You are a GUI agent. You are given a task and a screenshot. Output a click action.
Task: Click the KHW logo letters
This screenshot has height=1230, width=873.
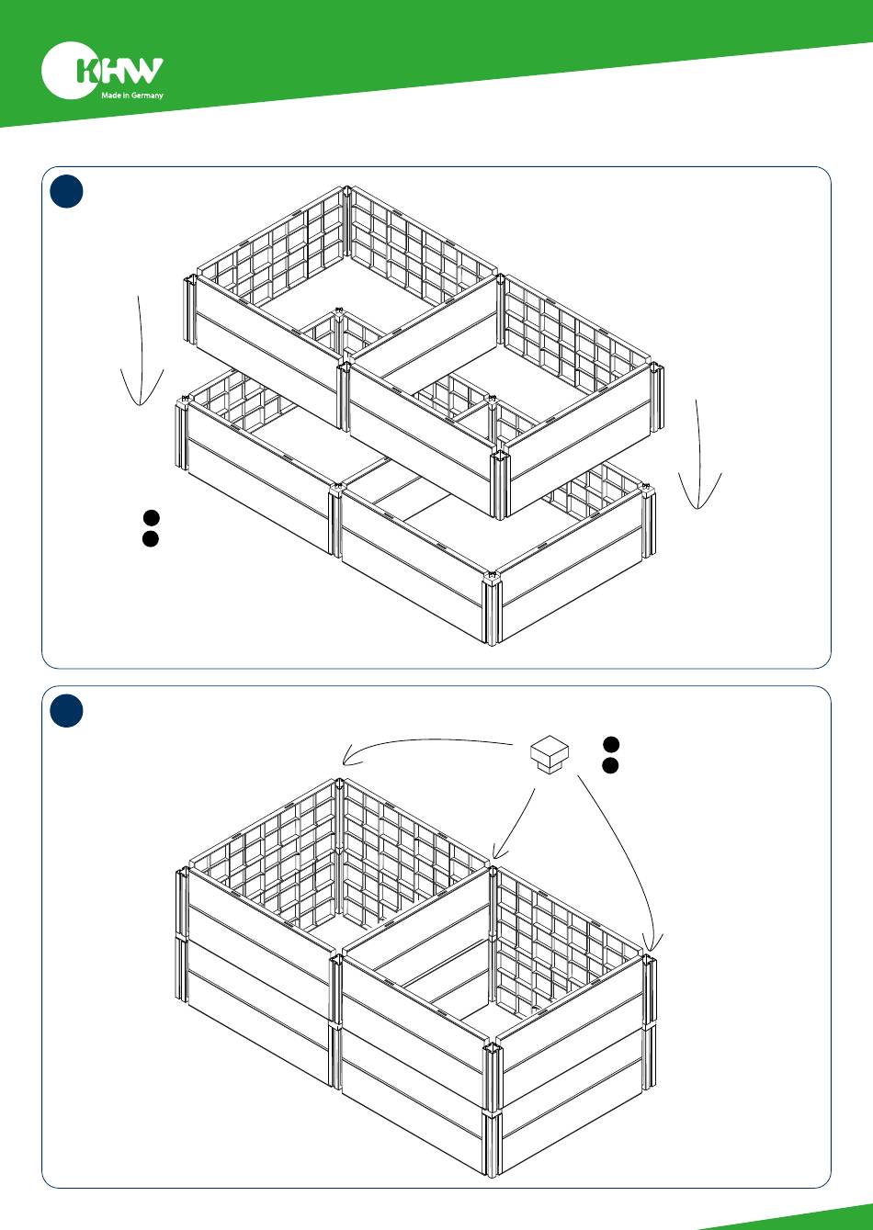click(x=120, y=70)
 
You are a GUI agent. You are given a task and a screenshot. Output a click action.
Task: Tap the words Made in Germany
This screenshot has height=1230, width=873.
click(x=131, y=95)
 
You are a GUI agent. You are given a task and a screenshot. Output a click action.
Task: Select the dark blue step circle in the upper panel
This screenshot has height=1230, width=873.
click(x=66, y=191)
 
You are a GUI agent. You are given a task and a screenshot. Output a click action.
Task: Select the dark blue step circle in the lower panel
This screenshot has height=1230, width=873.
click(x=66, y=711)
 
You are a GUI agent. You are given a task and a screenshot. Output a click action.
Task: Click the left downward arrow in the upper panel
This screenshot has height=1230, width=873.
click(x=141, y=352)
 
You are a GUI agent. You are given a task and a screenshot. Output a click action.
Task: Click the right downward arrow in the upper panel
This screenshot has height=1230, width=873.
click(x=699, y=454)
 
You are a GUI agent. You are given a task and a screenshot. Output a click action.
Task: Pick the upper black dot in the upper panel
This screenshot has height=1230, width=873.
click(x=151, y=517)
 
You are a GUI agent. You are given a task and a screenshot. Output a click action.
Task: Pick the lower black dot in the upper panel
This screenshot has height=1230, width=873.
click(x=151, y=538)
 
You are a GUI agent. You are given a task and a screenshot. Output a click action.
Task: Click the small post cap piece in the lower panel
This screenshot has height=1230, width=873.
click(x=550, y=754)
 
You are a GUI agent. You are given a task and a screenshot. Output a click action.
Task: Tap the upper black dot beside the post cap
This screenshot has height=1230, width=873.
click(x=611, y=744)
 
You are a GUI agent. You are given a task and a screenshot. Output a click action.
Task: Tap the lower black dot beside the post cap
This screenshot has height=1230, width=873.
click(x=610, y=765)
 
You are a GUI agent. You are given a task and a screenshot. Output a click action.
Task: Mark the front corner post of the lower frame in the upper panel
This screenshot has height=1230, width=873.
click(x=492, y=608)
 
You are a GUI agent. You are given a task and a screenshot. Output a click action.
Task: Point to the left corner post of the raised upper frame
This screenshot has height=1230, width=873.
click(x=190, y=310)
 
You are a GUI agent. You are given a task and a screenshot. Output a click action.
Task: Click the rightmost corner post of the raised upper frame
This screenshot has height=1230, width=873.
click(x=656, y=398)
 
